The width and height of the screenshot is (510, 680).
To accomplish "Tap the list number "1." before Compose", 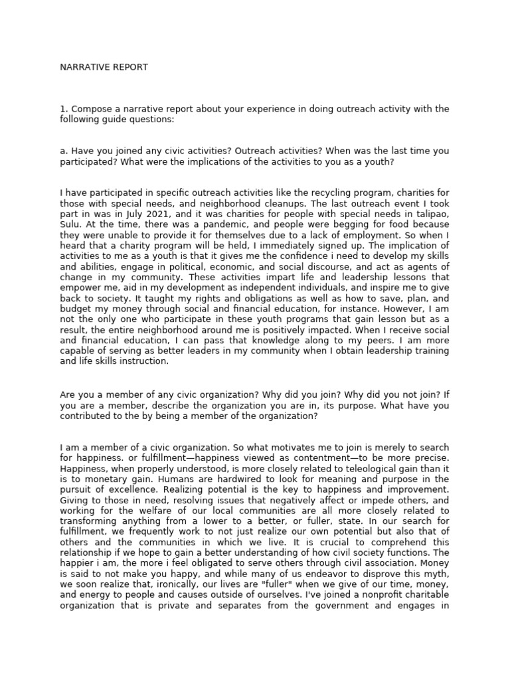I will point(64,109).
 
